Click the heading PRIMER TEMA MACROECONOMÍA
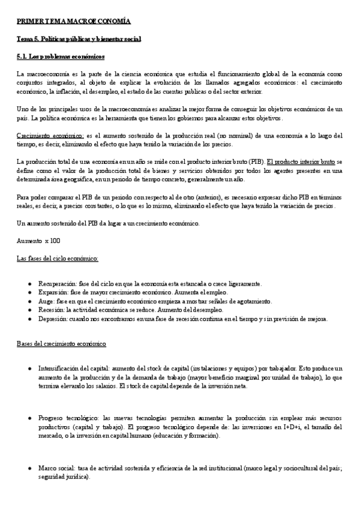73,22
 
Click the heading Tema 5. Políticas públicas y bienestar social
79,40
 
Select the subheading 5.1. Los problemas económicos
60,57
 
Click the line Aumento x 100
38,241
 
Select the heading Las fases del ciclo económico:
58,258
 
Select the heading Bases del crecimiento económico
62,345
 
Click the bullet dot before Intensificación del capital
30,368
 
